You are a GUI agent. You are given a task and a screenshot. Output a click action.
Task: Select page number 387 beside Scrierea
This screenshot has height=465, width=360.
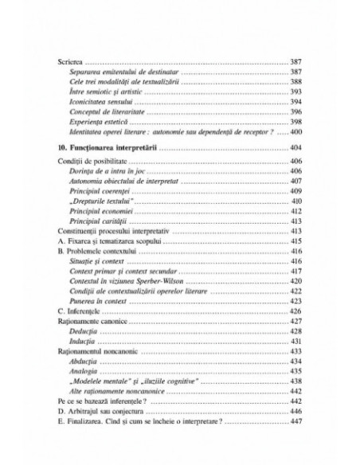292,62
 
